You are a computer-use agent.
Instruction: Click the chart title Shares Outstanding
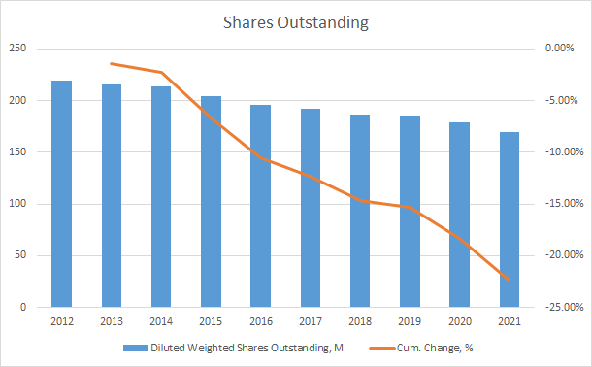click(x=296, y=21)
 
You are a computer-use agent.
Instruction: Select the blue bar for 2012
click(x=61, y=194)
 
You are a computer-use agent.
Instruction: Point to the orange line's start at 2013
click(x=112, y=63)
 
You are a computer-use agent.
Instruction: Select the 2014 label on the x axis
click(x=161, y=321)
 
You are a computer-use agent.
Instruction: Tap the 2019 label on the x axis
click(x=411, y=321)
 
